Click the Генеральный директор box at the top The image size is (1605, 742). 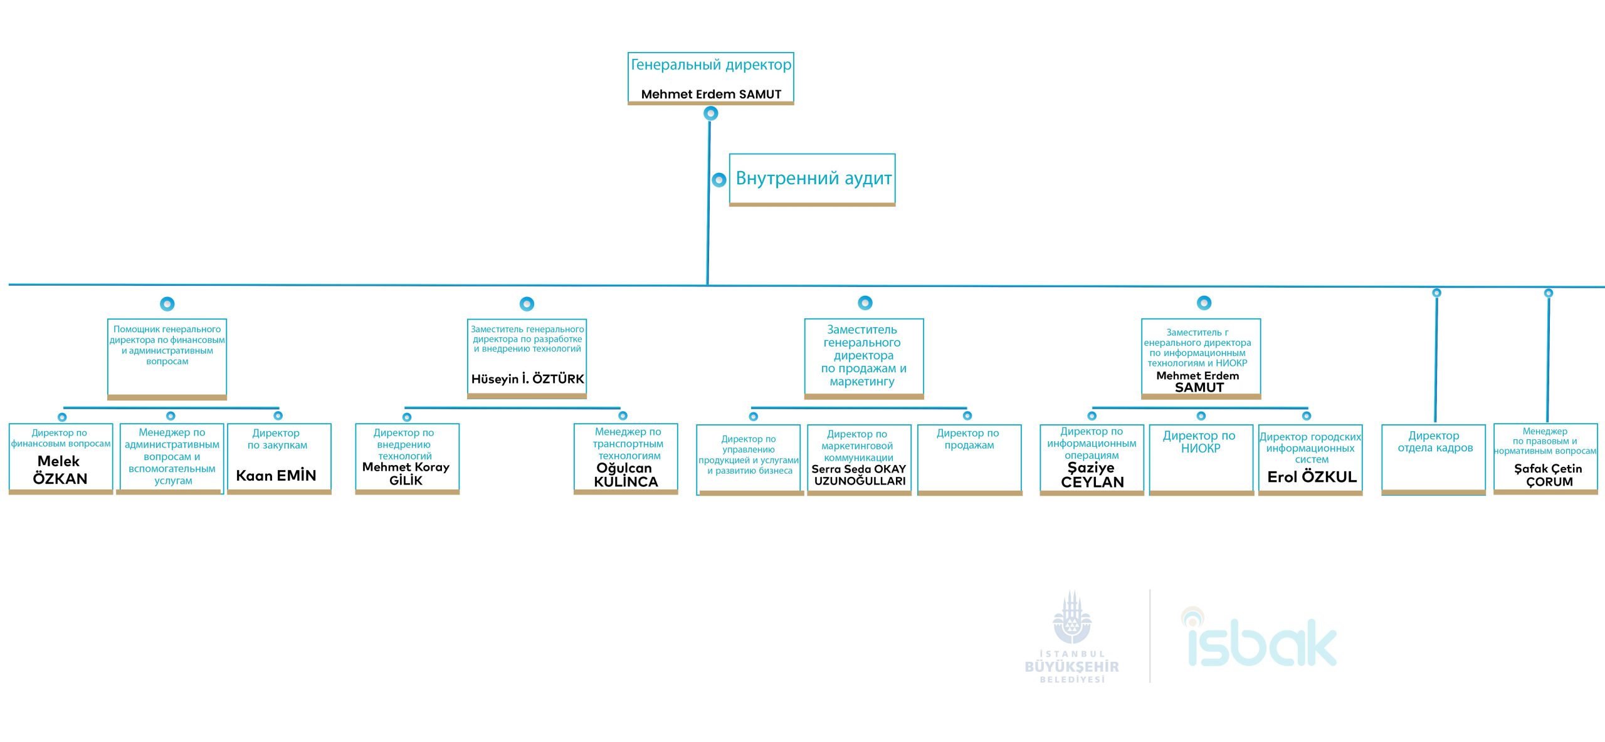(710, 78)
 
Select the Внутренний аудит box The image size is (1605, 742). (813, 179)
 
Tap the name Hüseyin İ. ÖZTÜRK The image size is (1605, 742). (527, 379)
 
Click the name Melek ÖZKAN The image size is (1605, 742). (60, 470)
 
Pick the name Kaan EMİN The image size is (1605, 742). (276, 476)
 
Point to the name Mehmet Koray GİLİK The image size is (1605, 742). (406, 474)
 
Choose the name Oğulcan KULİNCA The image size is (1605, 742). (626, 475)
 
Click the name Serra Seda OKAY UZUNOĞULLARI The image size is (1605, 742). (859, 475)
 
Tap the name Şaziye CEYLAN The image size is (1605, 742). (1092, 475)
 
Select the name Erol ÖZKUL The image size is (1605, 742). (1312, 477)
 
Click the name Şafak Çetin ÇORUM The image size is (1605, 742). (1548, 475)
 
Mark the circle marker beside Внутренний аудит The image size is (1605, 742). (719, 180)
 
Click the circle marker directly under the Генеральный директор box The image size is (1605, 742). (710, 113)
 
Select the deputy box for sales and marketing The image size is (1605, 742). (864, 358)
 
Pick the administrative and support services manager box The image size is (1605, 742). (171, 458)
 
